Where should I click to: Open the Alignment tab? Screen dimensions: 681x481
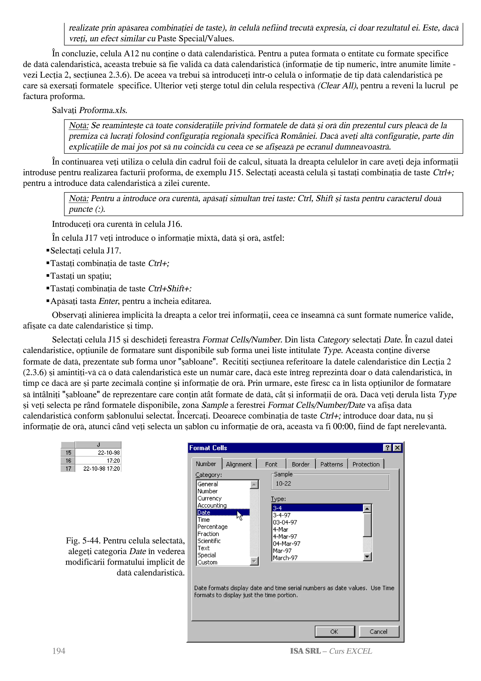coord(238,464)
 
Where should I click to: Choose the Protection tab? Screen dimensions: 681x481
coord(366,464)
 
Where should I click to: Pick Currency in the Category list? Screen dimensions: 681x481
coord(209,498)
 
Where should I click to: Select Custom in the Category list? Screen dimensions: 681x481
coord(207,562)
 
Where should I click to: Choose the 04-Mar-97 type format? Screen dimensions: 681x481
coord(286,543)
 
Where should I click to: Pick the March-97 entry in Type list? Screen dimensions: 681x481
coord(285,558)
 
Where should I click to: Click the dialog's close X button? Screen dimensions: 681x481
coord(397,448)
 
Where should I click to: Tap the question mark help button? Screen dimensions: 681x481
coord(387,448)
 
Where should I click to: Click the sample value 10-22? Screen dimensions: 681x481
coord(283,483)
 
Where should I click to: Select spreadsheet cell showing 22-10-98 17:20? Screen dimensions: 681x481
coord(101,468)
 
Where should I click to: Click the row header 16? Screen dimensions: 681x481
coord(68,461)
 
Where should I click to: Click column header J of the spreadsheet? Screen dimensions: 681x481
coord(98,445)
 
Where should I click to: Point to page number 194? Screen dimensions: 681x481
coord(59,651)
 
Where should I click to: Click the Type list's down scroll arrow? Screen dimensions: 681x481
coord(367,557)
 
